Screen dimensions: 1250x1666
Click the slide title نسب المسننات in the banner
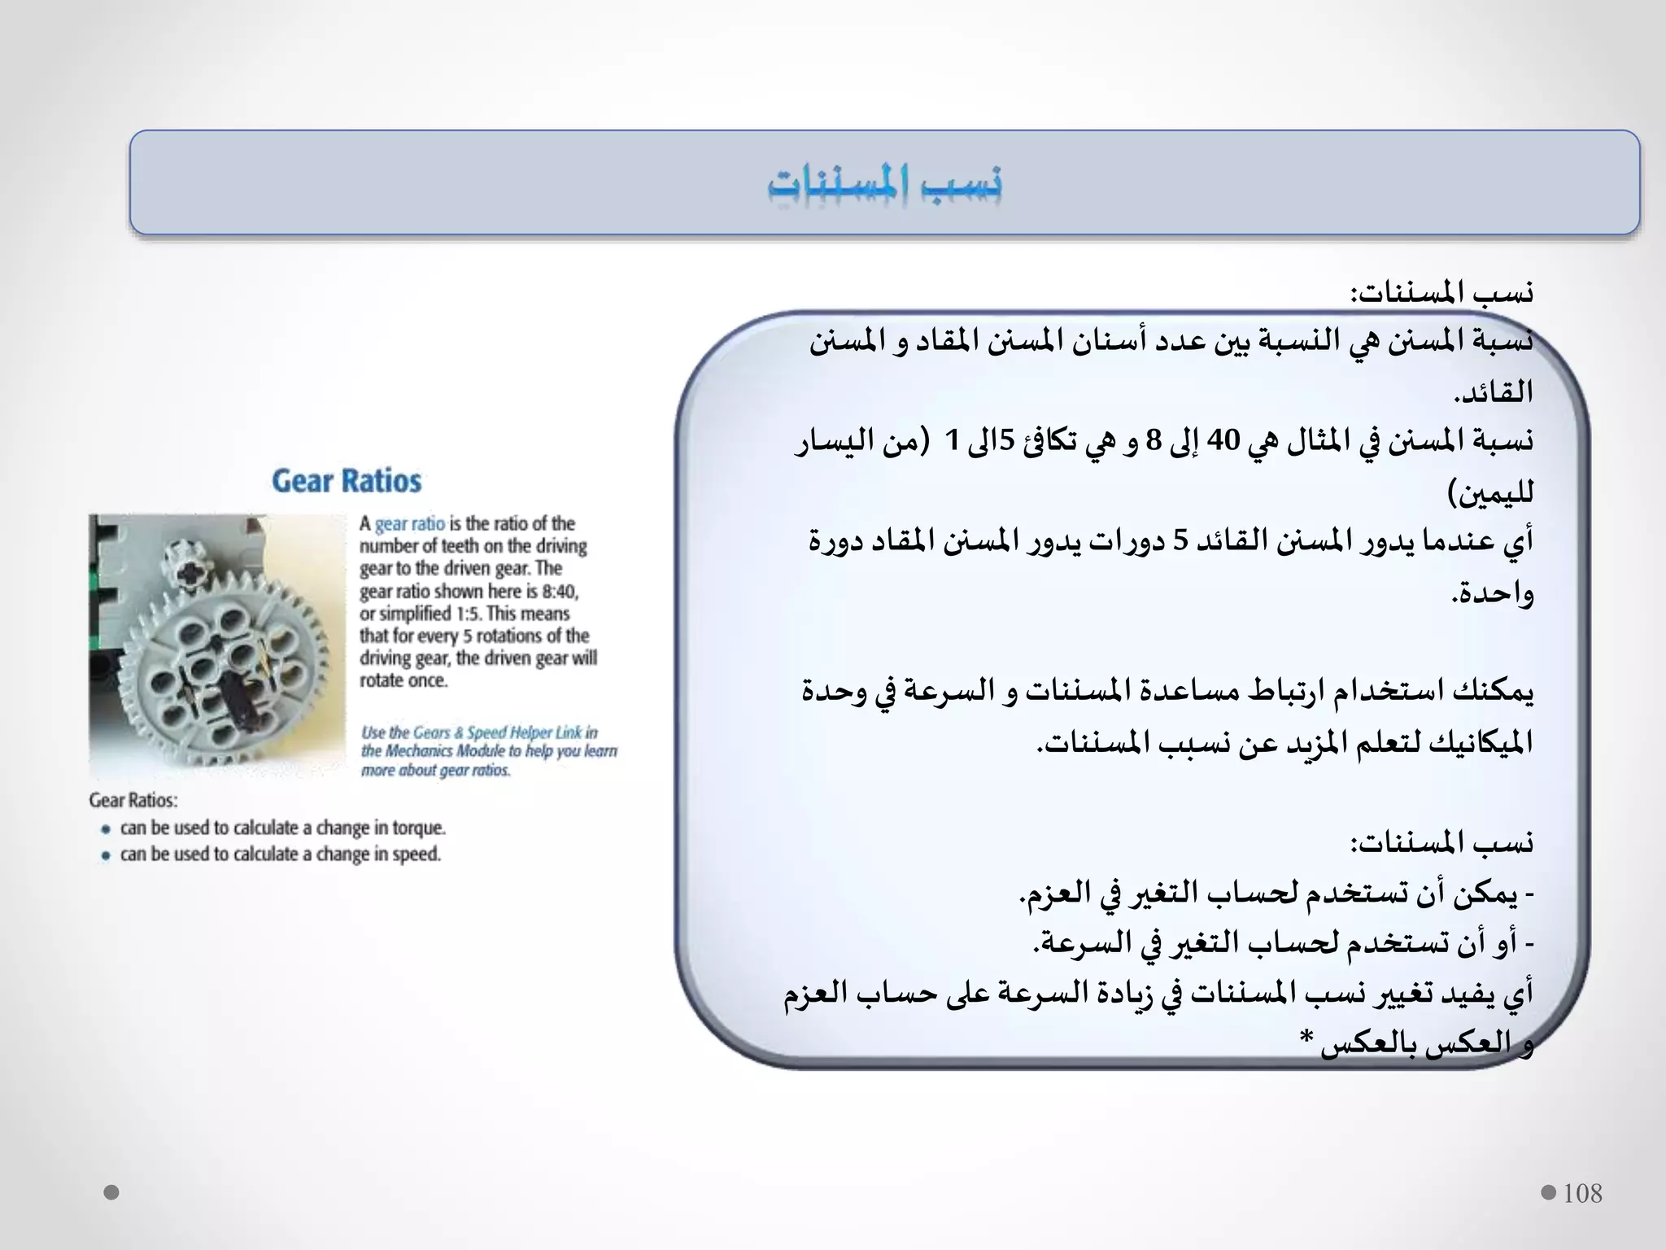884,184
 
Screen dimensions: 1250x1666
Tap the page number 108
1582,1194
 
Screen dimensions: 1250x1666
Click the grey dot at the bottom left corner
112,1192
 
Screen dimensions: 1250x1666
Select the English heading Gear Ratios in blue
347,481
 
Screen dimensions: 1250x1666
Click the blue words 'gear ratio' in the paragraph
410,523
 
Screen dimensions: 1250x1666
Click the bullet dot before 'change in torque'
106,829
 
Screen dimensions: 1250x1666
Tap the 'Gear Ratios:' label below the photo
133,800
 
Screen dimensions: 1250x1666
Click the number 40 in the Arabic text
1223,441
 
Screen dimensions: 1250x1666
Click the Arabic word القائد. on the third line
1494,392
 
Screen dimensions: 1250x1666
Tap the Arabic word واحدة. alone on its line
1493,592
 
